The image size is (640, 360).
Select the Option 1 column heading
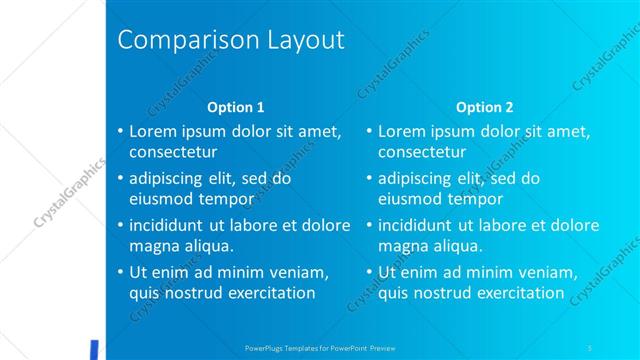235,107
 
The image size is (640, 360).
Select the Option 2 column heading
484,107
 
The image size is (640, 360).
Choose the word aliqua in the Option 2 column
459,246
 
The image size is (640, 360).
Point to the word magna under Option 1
152,246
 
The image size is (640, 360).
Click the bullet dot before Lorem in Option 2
369,131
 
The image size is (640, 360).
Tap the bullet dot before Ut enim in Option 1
120,272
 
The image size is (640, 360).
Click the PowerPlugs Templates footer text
319,348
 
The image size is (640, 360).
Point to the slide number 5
590,348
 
